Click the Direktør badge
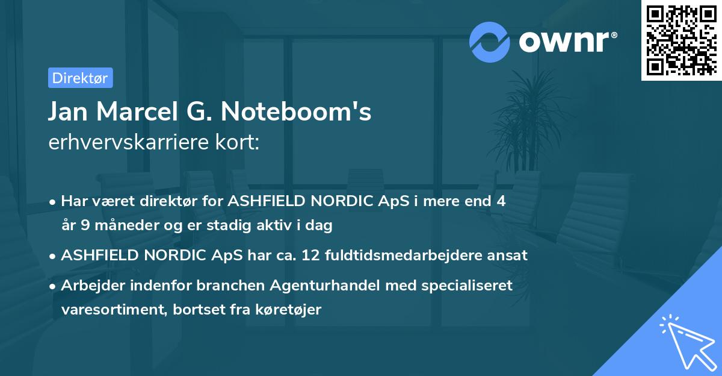pos(80,78)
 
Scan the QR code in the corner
pos(681,40)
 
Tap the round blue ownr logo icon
pos(490,42)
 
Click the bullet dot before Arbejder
pos(54,286)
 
